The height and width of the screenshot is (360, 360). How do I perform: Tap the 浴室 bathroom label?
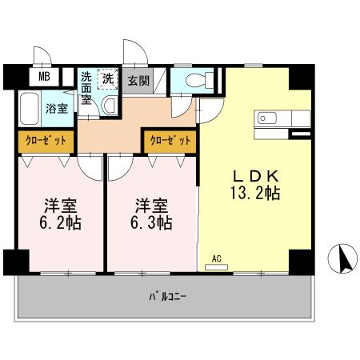pyautogui.click(x=55, y=109)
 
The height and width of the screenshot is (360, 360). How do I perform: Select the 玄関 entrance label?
pyautogui.click(x=138, y=81)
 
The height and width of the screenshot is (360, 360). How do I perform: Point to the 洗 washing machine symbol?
pyautogui.click(x=106, y=78)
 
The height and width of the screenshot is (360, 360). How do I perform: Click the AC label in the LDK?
pyautogui.click(x=216, y=258)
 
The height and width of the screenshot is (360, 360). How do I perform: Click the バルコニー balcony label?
pyautogui.click(x=167, y=297)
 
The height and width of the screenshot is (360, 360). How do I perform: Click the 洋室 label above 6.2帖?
pyautogui.click(x=59, y=204)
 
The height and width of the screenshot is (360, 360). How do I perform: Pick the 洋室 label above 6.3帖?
pyautogui.click(x=152, y=204)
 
